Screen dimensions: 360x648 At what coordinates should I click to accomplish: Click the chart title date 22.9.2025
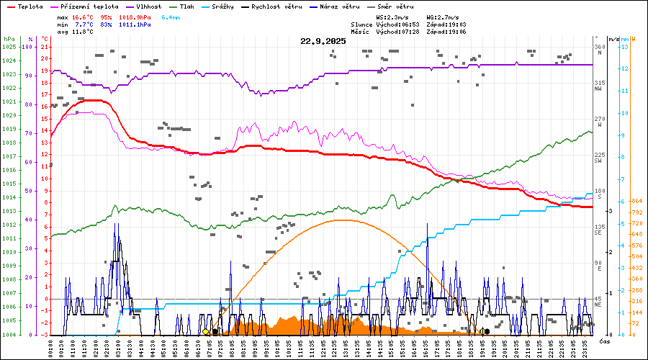[x=323, y=41]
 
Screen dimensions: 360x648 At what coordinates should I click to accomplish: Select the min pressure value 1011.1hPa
[x=135, y=24]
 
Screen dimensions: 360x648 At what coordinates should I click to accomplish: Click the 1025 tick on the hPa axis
[x=9, y=47]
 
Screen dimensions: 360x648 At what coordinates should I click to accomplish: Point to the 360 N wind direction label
[x=599, y=50]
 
